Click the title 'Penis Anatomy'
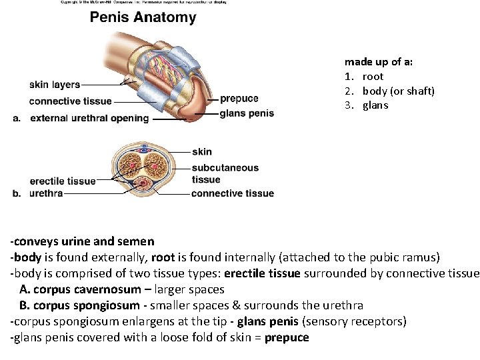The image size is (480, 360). click(143, 17)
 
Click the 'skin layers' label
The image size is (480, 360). click(55, 85)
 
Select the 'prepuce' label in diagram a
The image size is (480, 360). click(239, 99)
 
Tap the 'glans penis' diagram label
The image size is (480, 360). click(247, 113)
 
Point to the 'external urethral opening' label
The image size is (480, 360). click(89, 118)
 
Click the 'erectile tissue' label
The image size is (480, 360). click(63, 181)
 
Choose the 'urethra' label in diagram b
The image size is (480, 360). click(46, 193)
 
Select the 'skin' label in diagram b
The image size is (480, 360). click(201, 152)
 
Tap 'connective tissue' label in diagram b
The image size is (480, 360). click(232, 193)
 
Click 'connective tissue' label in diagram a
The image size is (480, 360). click(70, 101)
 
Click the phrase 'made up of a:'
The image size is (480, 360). click(379, 61)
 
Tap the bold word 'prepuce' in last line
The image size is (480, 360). click(287, 337)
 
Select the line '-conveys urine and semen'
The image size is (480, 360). click(82, 241)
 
